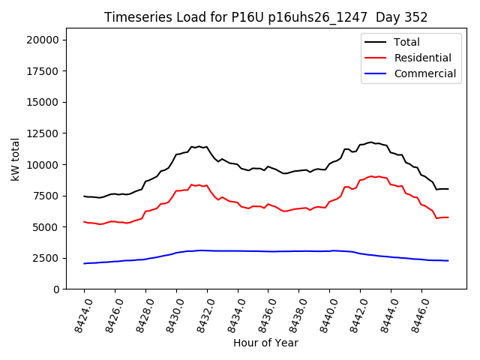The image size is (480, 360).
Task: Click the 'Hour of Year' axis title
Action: pyautogui.click(x=265, y=343)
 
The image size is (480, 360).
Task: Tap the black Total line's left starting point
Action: pyautogui.click(x=84, y=196)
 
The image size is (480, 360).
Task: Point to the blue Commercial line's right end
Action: pyautogui.click(x=448, y=261)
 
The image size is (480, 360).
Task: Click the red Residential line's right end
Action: pyautogui.click(x=448, y=217)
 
